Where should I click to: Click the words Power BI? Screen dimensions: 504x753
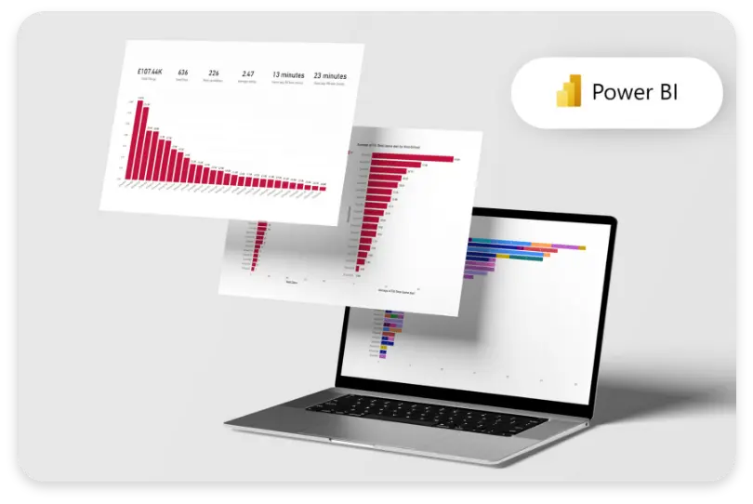[x=635, y=94]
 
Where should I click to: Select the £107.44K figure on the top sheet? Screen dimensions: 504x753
[x=148, y=73]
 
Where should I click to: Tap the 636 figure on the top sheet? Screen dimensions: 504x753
[x=183, y=73]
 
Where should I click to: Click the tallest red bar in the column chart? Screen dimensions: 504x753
[x=140, y=140]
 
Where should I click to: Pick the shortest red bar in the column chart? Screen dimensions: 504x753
[x=323, y=188]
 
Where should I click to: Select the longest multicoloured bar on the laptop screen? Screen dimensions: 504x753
[x=526, y=246]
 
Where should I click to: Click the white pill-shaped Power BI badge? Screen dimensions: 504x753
[x=616, y=93]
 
